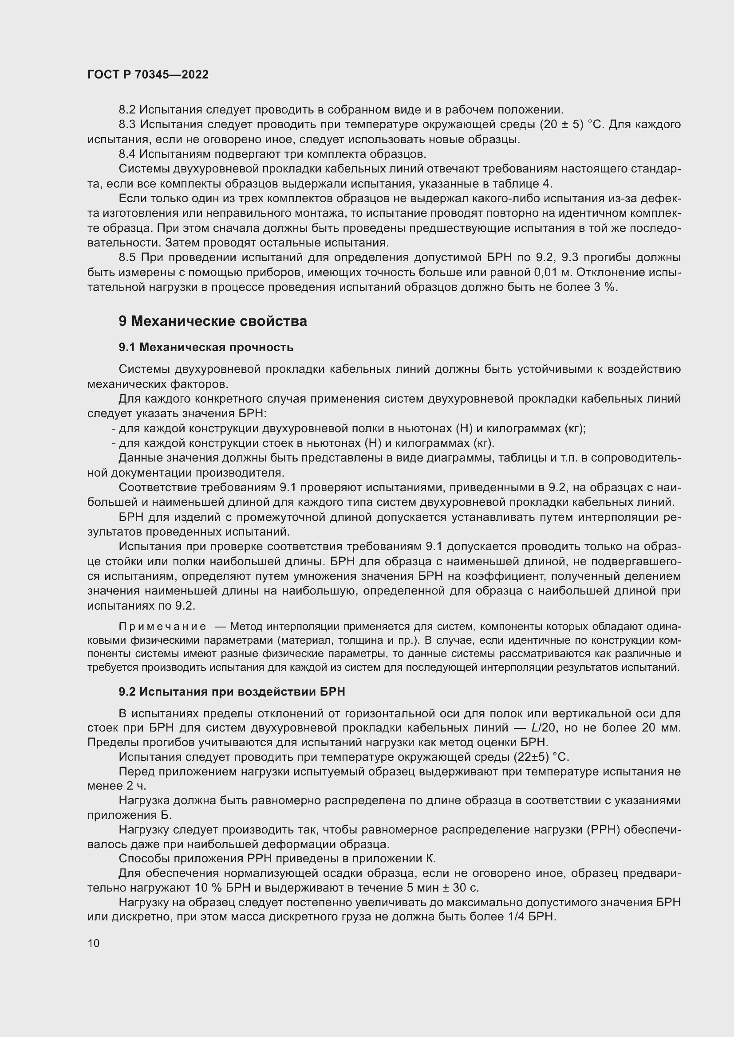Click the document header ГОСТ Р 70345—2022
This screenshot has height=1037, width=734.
(148, 75)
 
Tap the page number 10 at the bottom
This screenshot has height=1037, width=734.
(94, 943)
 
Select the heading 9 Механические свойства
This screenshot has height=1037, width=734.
(213, 321)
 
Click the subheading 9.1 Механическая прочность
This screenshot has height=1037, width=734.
(205, 347)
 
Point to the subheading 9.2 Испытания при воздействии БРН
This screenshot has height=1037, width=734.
(231, 692)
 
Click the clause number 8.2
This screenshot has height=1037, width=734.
(127, 110)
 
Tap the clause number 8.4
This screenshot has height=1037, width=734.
(127, 154)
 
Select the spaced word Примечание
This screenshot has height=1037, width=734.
(162, 626)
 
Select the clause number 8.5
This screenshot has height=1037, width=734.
(127, 258)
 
